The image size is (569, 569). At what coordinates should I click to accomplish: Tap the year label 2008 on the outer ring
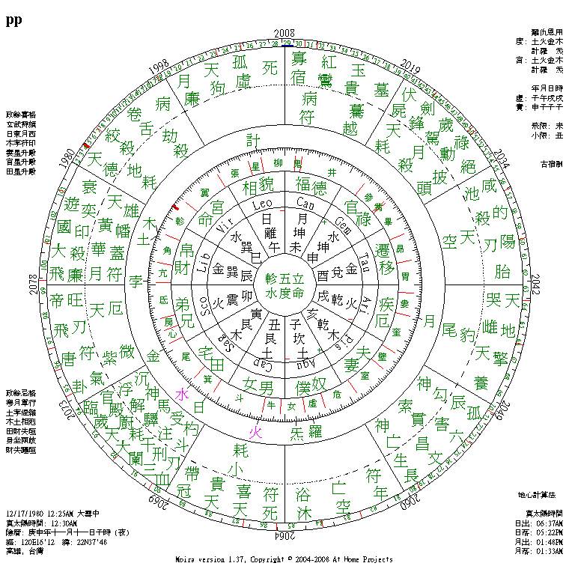click(284, 33)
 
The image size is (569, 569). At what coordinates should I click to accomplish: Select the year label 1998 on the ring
click(159, 67)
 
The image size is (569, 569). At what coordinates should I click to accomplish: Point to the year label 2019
click(410, 63)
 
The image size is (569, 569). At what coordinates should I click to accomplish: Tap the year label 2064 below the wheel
click(284, 536)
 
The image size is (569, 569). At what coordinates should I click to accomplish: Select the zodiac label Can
click(305, 204)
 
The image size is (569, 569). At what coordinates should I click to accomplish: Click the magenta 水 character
click(180, 395)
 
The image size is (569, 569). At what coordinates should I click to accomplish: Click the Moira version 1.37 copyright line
click(284, 559)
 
